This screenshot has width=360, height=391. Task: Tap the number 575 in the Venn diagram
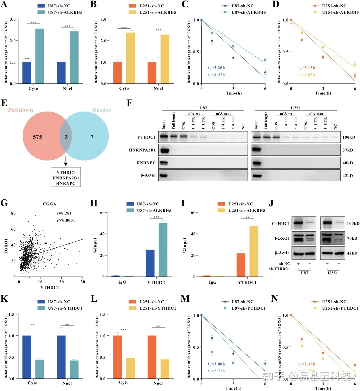tap(37, 137)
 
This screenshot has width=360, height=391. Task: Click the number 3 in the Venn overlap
tap(66, 137)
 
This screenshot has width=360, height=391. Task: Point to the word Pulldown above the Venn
tap(20, 110)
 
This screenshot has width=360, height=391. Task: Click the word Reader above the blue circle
tap(102, 110)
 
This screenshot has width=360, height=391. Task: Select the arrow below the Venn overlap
tap(66, 160)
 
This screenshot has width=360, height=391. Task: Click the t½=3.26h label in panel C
tap(216, 68)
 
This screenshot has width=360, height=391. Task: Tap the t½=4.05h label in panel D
tap(306, 75)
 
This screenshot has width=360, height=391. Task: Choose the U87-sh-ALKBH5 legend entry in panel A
tap(61, 12)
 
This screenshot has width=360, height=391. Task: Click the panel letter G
tap(4, 203)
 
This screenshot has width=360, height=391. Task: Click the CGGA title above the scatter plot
tap(49, 204)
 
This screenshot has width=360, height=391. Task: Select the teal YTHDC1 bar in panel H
tap(163, 250)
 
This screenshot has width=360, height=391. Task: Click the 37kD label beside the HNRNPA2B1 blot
tap(348, 150)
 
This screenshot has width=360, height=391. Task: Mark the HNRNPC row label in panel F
tap(146, 163)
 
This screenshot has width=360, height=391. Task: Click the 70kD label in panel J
tap(352, 238)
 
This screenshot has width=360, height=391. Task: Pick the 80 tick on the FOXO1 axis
tap(13, 213)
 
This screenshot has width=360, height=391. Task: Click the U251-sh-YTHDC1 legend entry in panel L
tap(157, 308)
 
